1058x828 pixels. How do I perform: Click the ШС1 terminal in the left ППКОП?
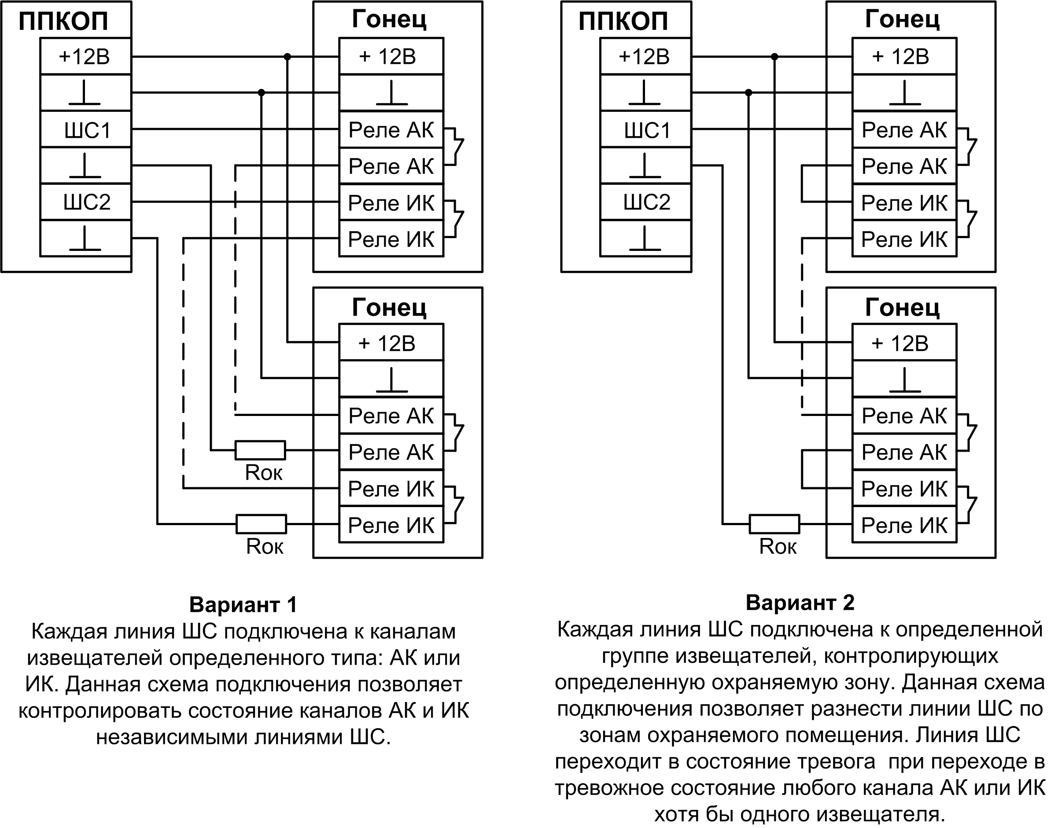tap(86, 130)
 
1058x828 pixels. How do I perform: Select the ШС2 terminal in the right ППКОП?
tap(646, 202)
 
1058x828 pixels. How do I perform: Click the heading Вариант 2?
tap(800, 603)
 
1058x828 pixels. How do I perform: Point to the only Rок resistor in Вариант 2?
tap(774, 524)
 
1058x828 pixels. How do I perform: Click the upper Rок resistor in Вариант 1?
tap(260, 450)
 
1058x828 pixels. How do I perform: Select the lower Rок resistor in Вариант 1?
tap(262, 524)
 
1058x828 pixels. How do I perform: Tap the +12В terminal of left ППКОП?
tap(86, 57)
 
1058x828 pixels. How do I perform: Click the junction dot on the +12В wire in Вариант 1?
tap(287, 57)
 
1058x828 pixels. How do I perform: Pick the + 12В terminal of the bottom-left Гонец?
tap(391, 343)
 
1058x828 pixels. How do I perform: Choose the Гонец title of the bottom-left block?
tap(389, 307)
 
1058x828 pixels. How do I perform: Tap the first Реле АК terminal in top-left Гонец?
tap(391, 130)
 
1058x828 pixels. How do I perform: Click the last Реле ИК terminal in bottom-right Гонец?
tap(904, 526)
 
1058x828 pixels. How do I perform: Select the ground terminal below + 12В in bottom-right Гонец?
tap(904, 379)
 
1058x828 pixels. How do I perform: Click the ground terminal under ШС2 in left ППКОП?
tap(86, 239)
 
